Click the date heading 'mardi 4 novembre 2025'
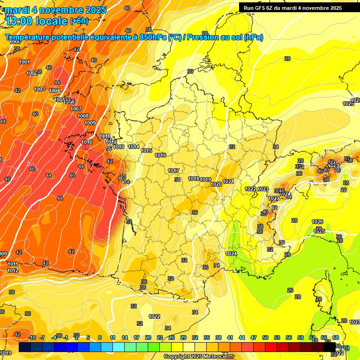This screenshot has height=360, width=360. [56, 10]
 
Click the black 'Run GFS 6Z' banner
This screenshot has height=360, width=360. [292, 7]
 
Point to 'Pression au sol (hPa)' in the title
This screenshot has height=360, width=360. [225, 37]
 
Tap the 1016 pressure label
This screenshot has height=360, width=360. [160, 155]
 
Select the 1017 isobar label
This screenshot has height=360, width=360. [173, 171]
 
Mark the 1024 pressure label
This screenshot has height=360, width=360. [231, 254]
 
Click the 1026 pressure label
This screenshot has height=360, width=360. [317, 222]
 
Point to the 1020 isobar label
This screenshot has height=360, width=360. [216, 184]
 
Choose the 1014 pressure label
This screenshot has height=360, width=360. [134, 147]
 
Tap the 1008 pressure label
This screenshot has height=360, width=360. [83, 116]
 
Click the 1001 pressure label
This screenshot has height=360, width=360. [24, 62]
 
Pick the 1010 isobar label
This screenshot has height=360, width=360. [87, 142]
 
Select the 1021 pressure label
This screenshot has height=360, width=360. [228, 181]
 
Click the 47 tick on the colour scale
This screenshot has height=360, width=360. [254, 337]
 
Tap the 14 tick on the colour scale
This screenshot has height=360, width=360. [125, 337]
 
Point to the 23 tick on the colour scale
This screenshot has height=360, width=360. [160, 337]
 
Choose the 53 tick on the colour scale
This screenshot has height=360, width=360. [277, 337]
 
